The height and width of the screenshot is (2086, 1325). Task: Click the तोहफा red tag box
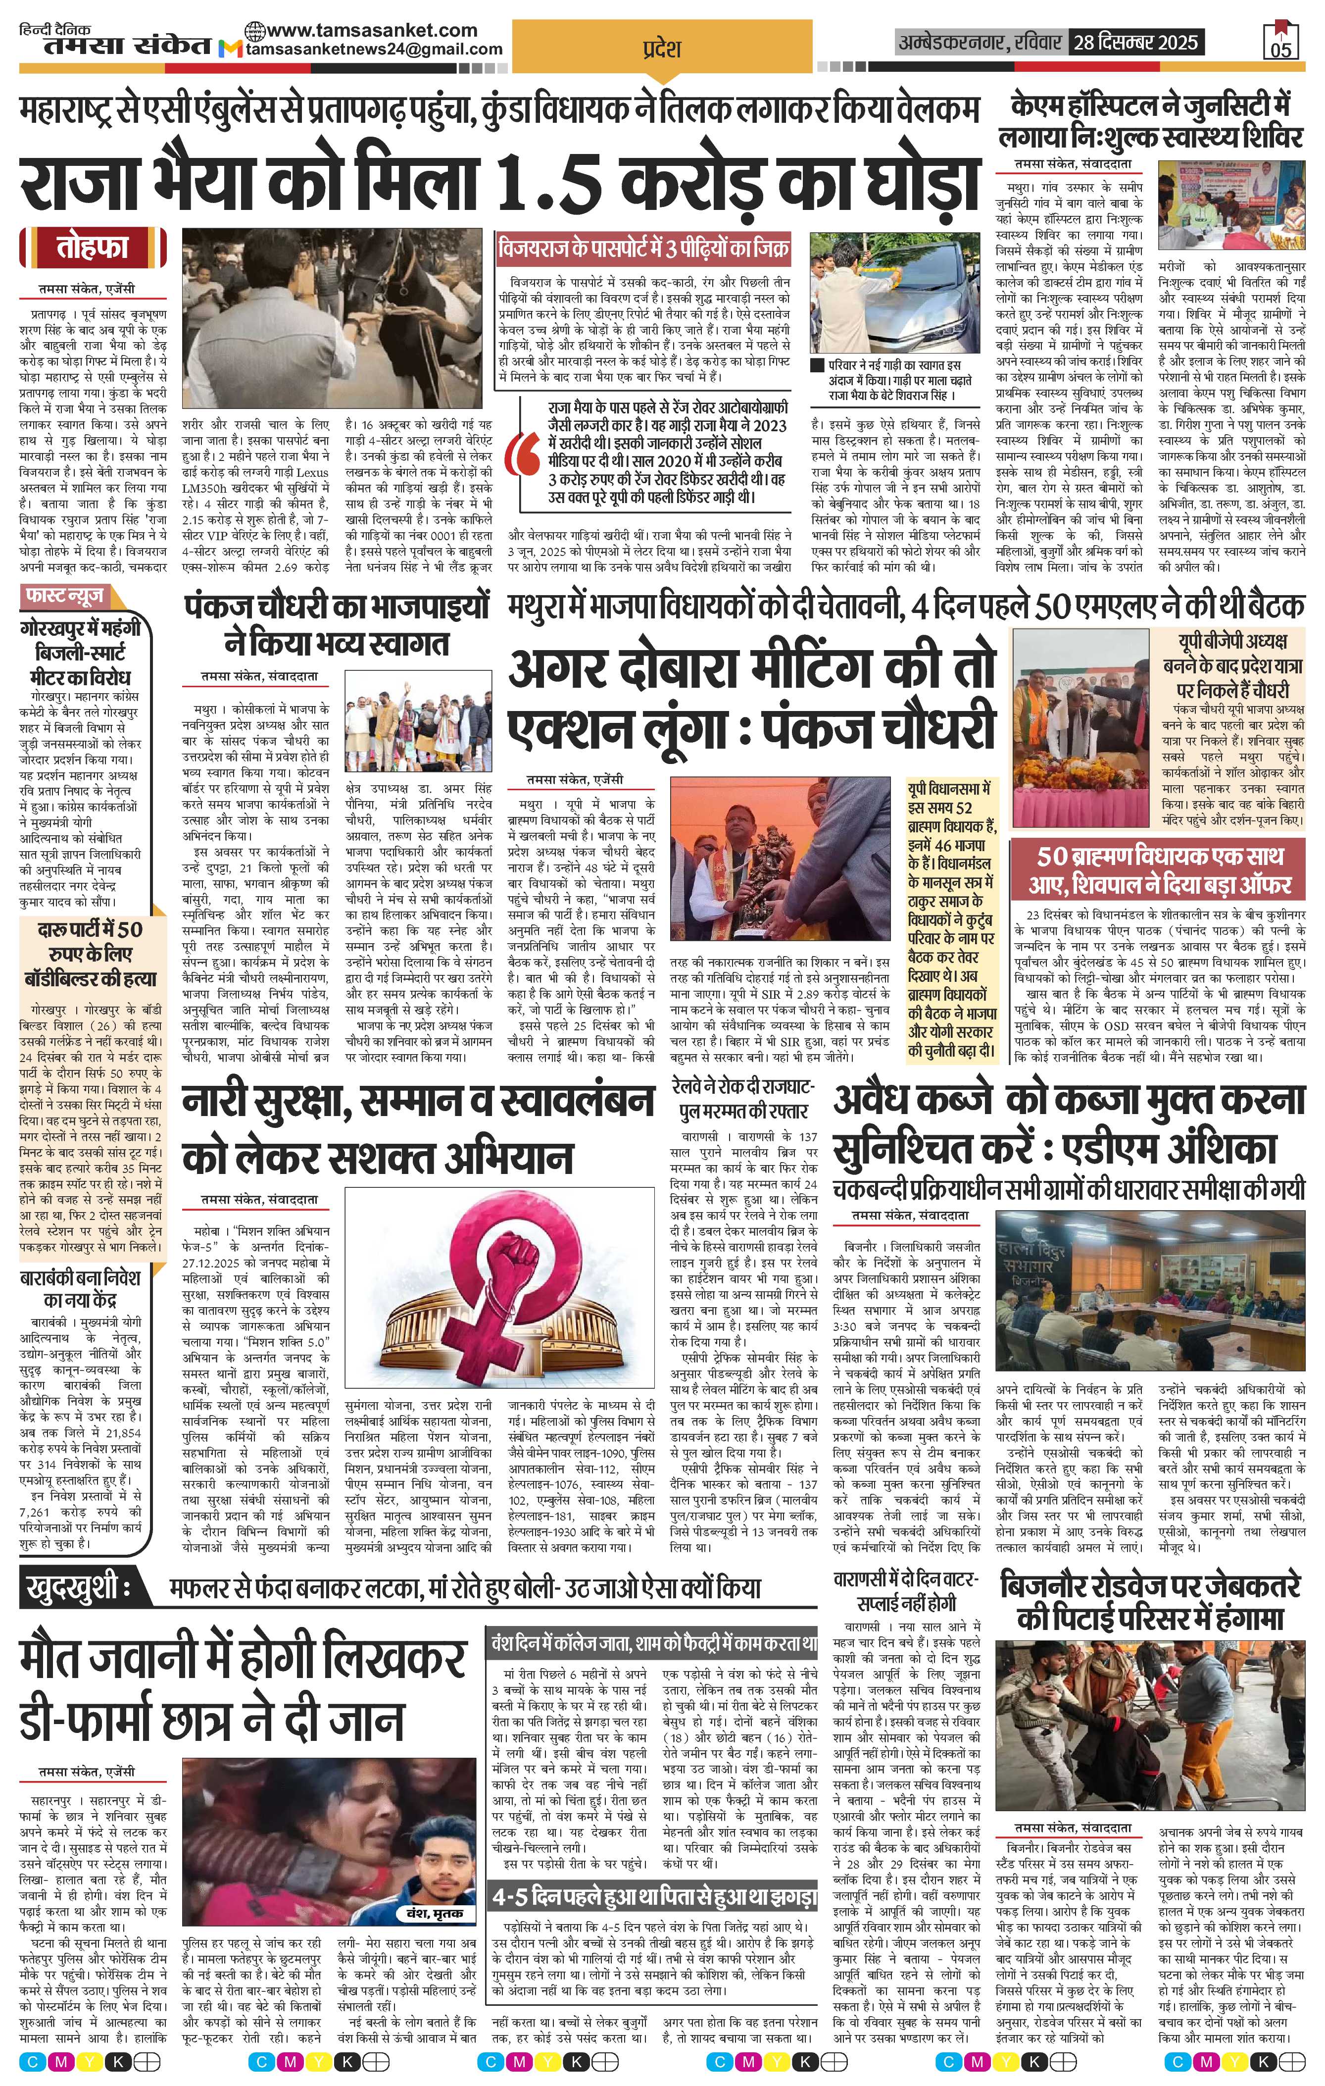click(93, 248)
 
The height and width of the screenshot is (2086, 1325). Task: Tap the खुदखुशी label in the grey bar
click(78, 1587)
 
